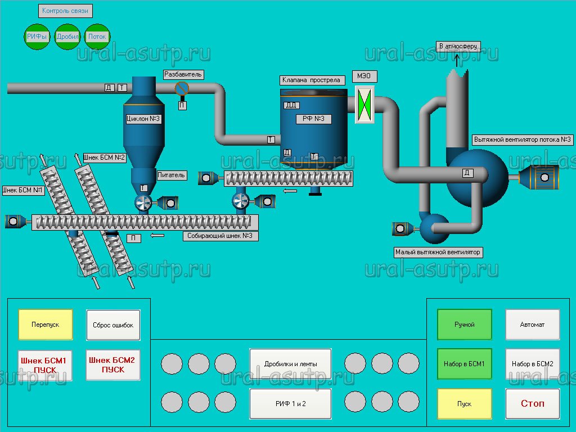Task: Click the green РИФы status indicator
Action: (37, 37)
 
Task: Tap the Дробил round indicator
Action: (67, 37)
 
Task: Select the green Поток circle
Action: (97, 37)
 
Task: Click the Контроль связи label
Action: (65, 11)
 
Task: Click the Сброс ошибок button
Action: (113, 325)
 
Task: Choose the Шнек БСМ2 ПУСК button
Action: (113, 365)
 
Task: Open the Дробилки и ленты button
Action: (290, 364)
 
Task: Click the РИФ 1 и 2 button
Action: (290, 403)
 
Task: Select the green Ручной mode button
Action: (465, 325)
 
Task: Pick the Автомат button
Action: (532, 325)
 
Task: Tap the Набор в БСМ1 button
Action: (465, 364)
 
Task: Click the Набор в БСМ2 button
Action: (532, 364)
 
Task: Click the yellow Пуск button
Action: (465, 404)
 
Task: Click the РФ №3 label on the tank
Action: (313, 119)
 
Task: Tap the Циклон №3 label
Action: (143, 119)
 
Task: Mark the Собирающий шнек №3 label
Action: (220, 236)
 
